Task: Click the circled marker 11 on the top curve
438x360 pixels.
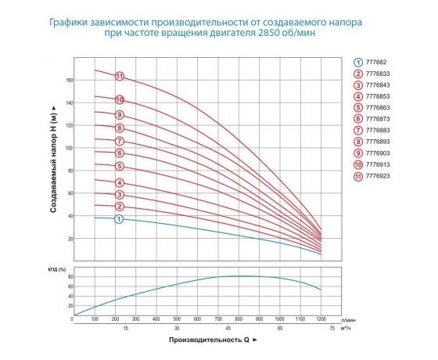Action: (120, 76)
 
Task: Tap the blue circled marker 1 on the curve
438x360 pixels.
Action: (120, 219)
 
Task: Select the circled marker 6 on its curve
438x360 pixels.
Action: (120, 153)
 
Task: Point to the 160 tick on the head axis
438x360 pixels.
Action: (66, 81)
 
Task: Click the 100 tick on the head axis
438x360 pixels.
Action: (66, 148)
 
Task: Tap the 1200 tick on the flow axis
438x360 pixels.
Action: (321, 319)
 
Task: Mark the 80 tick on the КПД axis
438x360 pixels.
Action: (67, 277)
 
